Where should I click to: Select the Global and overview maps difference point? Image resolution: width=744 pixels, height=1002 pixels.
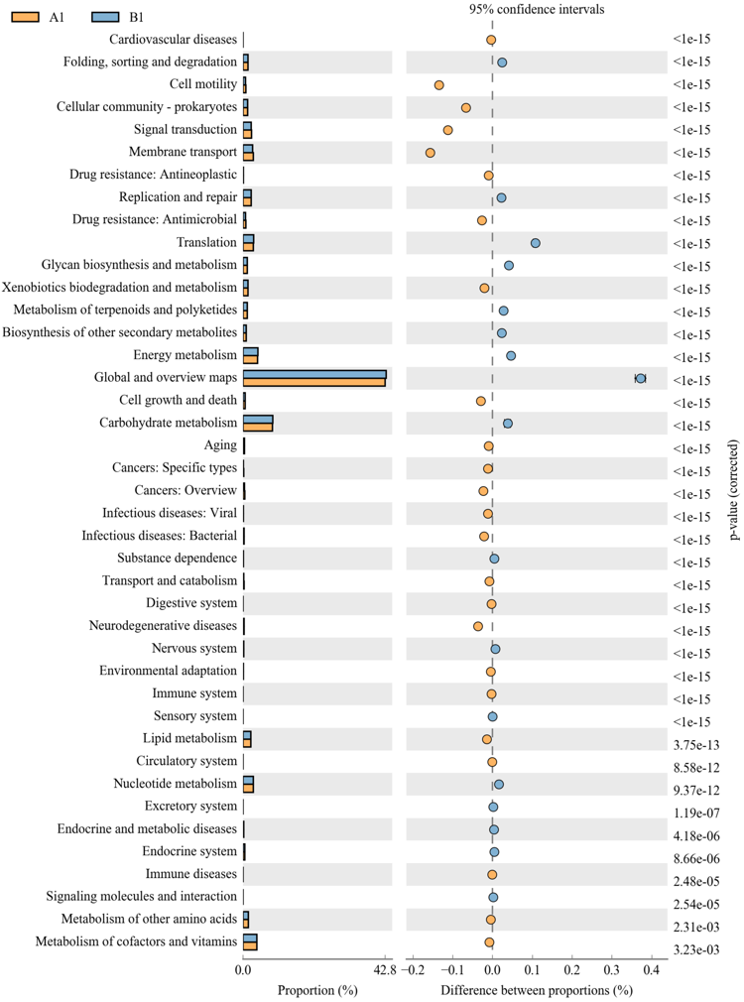[641, 378]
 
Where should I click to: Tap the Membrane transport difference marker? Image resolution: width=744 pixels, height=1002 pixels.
[431, 153]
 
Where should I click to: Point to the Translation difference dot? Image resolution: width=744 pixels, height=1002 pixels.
[536, 243]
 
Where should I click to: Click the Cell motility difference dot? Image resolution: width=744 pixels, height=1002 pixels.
[439, 85]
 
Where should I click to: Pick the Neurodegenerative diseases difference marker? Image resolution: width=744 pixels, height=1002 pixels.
[478, 626]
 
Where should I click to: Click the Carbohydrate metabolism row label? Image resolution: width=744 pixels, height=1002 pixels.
[168, 424]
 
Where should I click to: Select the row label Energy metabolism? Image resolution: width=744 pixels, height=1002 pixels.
[185, 355]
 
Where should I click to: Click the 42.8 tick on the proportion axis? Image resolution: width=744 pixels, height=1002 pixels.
[386, 970]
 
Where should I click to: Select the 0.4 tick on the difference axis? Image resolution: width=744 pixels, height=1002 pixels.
[652, 970]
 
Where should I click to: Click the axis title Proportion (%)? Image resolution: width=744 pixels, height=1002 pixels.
[317, 990]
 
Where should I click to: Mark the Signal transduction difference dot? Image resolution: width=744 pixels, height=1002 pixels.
[448, 130]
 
